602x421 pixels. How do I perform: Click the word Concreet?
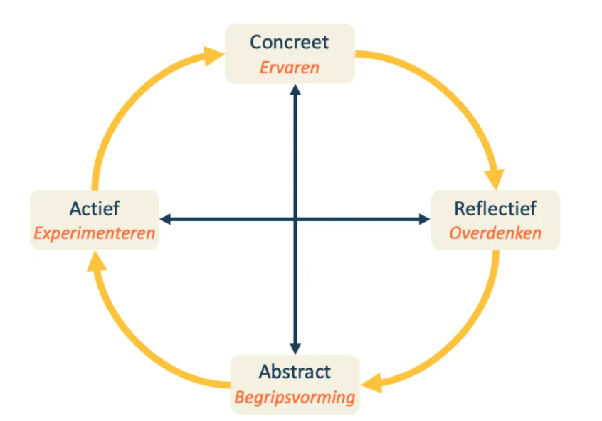pos(290,42)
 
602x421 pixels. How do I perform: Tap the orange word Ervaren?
pos(290,68)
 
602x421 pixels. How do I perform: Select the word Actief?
pos(95,208)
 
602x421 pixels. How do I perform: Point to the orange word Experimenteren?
pos(95,233)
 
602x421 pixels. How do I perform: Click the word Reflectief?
pos(495,208)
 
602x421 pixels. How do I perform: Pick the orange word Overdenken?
pos(495,233)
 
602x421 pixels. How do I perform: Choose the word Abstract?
pos(295,371)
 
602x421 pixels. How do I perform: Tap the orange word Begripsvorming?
pos(295,397)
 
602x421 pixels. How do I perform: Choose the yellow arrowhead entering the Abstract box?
pos(373,384)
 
